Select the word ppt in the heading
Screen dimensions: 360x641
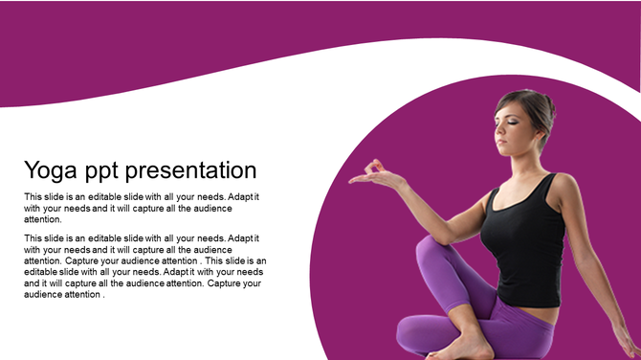(105, 172)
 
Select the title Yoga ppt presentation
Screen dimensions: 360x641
(140, 171)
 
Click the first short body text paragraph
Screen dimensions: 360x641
(142, 208)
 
